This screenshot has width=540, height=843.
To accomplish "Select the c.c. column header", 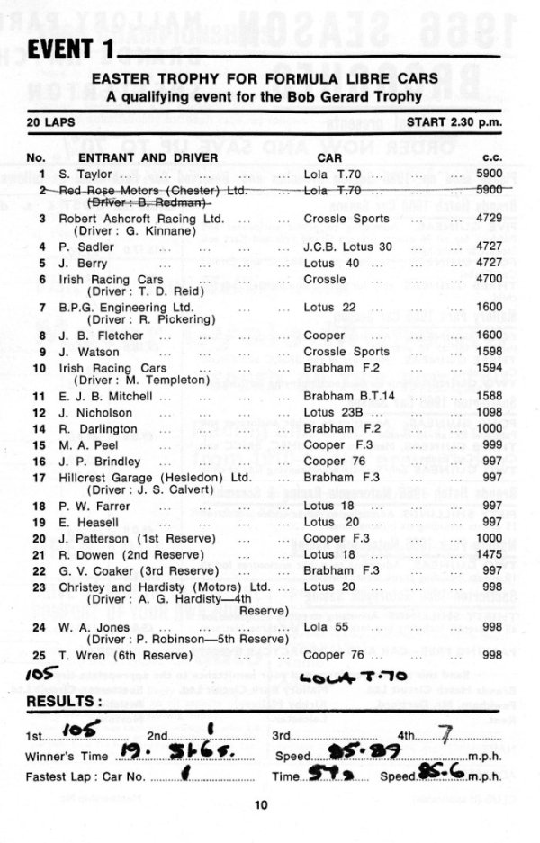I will click(x=490, y=158).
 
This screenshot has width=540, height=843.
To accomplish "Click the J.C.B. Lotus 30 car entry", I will click(x=348, y=247).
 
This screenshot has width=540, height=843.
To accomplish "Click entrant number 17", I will click(x=39, y=477).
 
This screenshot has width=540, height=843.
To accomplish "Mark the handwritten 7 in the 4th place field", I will click(x=447, y=733).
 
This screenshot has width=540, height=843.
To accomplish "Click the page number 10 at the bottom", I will click(x=261, y=805).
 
